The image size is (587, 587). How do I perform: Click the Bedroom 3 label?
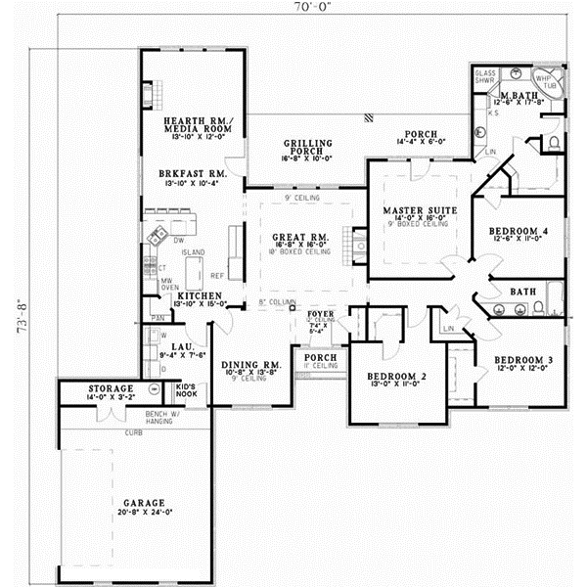pyautogui.click(x=523, y=359)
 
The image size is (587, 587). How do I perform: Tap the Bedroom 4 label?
pyautogui.click(x=519, y=231)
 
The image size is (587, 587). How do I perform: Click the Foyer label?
pyautogui.click(x=322, y=315)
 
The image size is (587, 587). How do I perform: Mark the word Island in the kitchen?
pyautogui.click(x=192, y=251)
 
